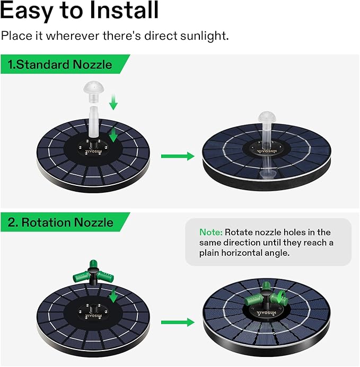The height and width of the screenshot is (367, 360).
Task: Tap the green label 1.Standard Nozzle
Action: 60,65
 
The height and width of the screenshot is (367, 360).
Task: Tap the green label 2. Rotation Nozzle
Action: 60,222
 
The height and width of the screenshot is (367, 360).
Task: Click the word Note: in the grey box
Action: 211,232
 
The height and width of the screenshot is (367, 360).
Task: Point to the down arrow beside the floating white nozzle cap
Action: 112,101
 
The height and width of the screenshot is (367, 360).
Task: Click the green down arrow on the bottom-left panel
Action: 113,294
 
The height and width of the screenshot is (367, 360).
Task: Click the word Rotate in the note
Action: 240,232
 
